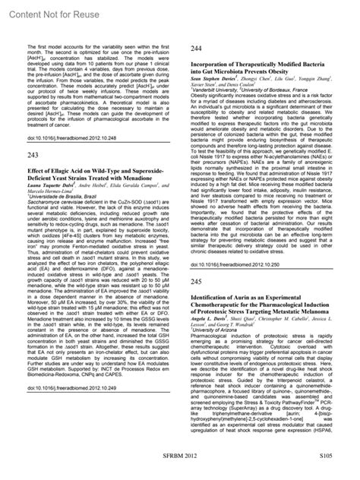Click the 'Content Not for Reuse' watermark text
pos(46,11)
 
